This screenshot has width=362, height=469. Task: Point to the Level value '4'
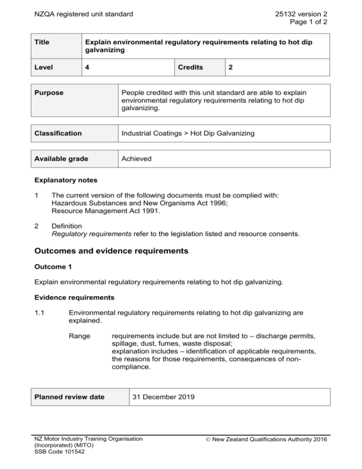pos(88,67)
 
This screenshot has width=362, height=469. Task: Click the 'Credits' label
pos(191,67)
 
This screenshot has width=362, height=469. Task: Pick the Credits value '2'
pos(230,67)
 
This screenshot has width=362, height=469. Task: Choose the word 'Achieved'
pos(136,159)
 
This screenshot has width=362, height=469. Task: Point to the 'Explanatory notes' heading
pos(64,180)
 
